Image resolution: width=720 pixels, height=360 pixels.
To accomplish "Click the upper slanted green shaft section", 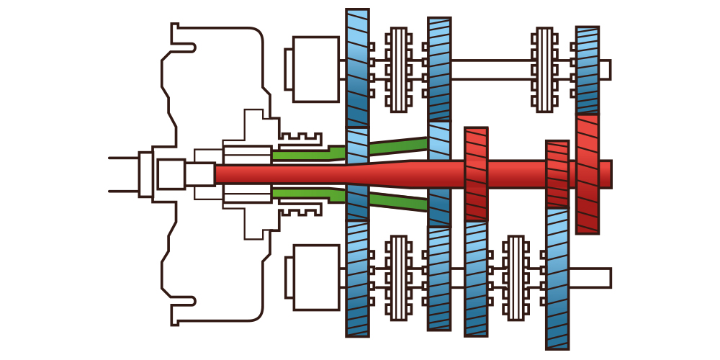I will tap(397, 146).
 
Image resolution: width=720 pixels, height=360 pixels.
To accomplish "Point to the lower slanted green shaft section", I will tap(397, 202).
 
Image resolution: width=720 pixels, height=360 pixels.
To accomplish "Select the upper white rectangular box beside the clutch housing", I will tap(315, 69).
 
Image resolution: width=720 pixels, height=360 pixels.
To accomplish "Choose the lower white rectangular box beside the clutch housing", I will tap(315, 277).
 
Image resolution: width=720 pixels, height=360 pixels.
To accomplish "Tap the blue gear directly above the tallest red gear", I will tap(588, 69).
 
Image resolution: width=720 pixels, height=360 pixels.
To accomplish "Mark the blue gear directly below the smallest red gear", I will tap(557, 277).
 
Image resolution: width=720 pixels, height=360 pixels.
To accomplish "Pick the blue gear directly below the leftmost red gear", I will tap(476, 277).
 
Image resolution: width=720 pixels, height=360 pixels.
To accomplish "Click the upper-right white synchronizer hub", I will tap(544, 69).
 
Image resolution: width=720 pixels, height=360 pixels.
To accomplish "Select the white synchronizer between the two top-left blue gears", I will tap(398, 69).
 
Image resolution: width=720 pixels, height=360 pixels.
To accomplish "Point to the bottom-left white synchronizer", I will tap(398, 277).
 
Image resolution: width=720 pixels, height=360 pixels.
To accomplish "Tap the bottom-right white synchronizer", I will tap(515, 277).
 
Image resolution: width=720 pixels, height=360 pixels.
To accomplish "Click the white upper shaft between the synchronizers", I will tap(490, 69).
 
